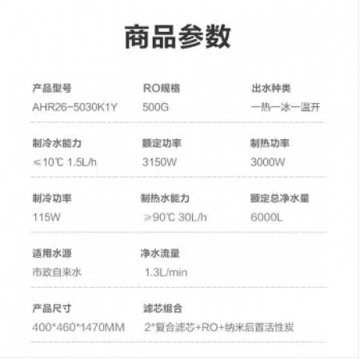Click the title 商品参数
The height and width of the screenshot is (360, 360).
click(x=178, y=37)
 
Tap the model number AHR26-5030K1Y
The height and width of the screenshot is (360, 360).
click(x=74, y=107)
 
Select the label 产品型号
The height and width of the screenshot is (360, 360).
click(x=52, y=88)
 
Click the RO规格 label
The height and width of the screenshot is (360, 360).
click(x=162, y=88)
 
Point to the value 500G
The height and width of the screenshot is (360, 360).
click(x=155, y=107)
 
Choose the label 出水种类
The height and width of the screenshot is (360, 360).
click(x=271, y=88)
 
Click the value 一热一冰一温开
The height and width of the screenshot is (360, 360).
click(x=286, y=107)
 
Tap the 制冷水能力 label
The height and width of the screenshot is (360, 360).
click(x=57, y=143)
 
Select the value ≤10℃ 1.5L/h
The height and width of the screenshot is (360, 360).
click(x=65, y=162)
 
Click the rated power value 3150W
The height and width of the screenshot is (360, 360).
click(x=159, y=162)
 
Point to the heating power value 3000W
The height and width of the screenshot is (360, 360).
click(x=268, y=162)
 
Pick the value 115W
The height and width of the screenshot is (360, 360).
click(x=46, y=218)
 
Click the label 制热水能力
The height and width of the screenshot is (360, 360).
click(x=166, y=198)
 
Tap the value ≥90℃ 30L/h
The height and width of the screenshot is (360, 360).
click(x=175, y=218)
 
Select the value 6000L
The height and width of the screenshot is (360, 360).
click(x=266, y=218)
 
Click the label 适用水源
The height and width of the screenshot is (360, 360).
click(x=52, y=254)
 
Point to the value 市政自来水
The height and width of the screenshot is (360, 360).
click(x=57, y=272)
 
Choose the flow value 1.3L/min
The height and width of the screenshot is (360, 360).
click(x=166, y=273)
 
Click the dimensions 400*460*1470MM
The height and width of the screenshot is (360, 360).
click(x=78, y=327)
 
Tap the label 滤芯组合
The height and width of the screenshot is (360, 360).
click(x=162, y=309)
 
